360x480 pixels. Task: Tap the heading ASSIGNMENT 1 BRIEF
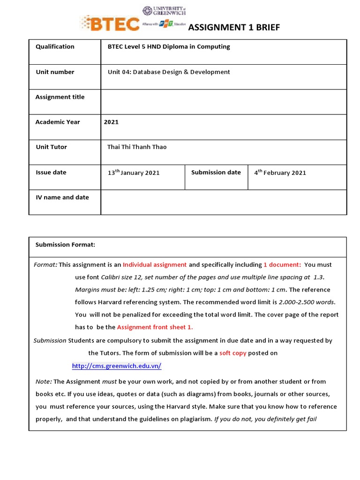233,28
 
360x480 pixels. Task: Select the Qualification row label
55,46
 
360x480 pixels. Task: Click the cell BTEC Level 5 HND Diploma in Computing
169,46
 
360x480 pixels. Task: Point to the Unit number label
55,72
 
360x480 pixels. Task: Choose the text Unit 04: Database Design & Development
169,72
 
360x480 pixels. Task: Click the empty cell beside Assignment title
223,102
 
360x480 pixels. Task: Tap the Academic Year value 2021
111,122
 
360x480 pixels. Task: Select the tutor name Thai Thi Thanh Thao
137,147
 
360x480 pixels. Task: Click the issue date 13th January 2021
134,172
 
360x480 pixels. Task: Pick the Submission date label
216,172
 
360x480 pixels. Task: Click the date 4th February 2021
280,172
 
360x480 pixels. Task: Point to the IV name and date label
62,197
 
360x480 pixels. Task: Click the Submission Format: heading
65,245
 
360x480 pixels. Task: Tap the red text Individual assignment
155,265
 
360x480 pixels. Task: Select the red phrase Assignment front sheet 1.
155,327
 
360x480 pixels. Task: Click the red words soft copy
232,353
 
